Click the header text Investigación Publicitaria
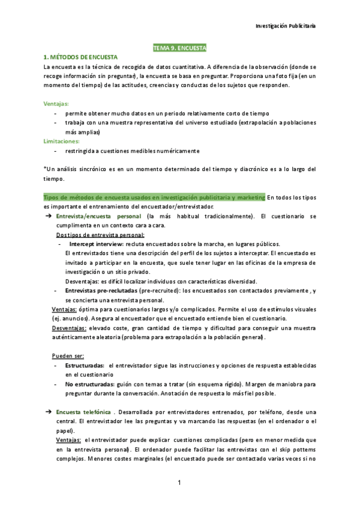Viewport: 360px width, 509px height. pyautogui.click(x=286, y=27)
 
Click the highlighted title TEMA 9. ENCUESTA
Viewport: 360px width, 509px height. pyautogui.click(x=179, y=47)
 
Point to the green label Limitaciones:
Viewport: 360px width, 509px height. pyautogui.click(x=62, y=141)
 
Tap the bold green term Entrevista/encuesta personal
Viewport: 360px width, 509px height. pyautogui.click(x=98, y=215)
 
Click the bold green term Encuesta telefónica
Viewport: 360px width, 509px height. pyautogui.click(x=83, y=412)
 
